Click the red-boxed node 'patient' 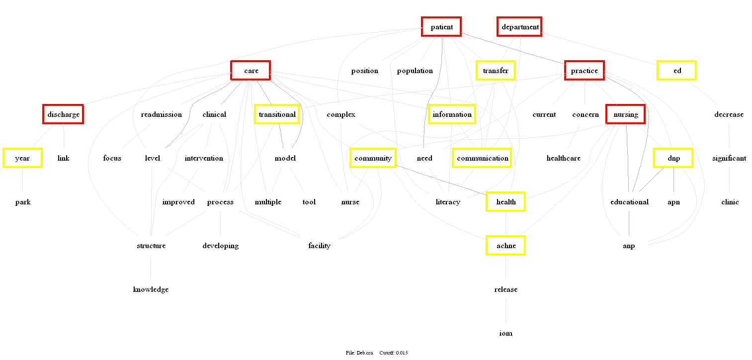[x=441, y=27]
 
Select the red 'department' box [x=519, y=27]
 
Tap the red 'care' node [x=251, y=71]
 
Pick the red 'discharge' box [x=63, y=114]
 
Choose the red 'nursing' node [x=625, y=114]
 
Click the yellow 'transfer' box [x=495, y=71]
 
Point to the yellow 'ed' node [x=676, y=71]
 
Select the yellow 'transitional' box [x=277, y=114]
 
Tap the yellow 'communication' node [x=482, y=158]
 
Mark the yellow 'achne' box [x=505, y=246]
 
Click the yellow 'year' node [x=22, y=158]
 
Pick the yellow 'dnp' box [x=673, y=158]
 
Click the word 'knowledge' [x=151, y=289]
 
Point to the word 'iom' [x=505, y=333]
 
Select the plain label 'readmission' [x=161, y=114]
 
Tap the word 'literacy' [x=447, y=202]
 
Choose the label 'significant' [x=729, y=158]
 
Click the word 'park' [x=23, y=202]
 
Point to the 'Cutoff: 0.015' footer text [x=393, y=353]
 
